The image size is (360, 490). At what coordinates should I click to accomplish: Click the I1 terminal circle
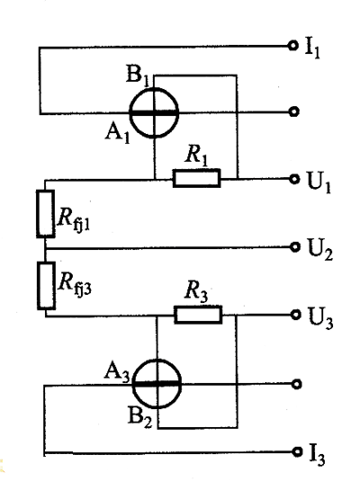292,46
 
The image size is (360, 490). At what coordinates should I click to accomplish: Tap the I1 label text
312,49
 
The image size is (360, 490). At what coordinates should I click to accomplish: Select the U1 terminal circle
294,179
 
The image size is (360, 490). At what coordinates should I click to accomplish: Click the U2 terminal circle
294,247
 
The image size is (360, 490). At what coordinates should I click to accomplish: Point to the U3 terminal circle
295,315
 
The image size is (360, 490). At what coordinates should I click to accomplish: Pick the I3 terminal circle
297,451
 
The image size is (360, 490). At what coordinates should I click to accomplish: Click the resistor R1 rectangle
197,178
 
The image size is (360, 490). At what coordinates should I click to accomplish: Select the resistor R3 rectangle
198,315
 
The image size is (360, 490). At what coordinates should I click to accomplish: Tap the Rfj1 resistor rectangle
46,214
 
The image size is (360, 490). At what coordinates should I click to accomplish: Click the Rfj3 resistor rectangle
46,286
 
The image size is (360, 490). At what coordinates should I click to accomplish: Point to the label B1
137,75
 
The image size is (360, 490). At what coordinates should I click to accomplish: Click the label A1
118,134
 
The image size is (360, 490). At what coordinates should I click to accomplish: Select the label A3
117,373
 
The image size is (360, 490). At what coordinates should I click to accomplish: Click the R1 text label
196,155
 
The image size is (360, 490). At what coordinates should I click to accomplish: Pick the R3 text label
196,291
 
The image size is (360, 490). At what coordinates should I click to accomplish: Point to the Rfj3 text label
75,284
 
